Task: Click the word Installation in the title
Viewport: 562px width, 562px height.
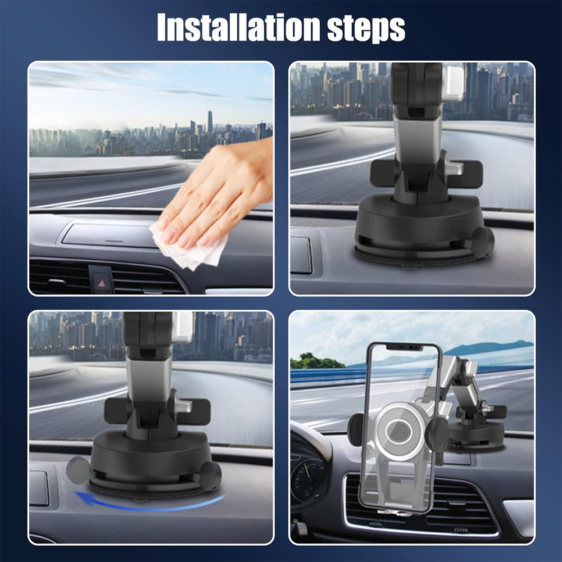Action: tap(238, 28)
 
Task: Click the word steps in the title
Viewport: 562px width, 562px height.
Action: tap(366, 29)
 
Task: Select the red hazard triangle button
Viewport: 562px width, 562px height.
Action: tap(102, 283)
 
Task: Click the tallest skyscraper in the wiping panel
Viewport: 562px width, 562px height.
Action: tap(210, 121)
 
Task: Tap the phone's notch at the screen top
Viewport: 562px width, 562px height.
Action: tap(404, 347)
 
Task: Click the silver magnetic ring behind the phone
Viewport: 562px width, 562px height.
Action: tap(398, 430)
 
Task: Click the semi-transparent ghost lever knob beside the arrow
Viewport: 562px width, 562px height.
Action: tap(78, 470)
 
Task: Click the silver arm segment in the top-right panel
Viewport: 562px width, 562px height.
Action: tap(418, 138)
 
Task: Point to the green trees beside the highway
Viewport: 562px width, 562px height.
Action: tap(315, 361)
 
